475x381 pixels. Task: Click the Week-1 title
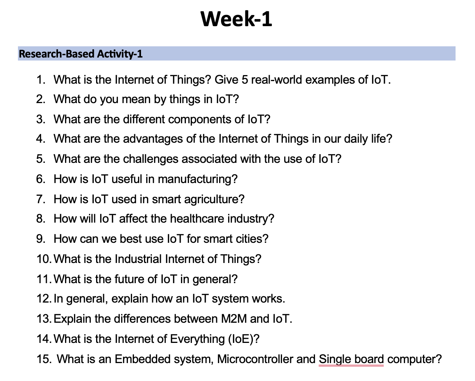point(236,19)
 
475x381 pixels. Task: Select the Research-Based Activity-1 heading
point(81,54)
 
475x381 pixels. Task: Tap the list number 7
point(40,199)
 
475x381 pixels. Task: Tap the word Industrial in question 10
point(138,259)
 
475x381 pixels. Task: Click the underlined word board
point(369,359)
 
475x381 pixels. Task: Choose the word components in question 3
point(200,120)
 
